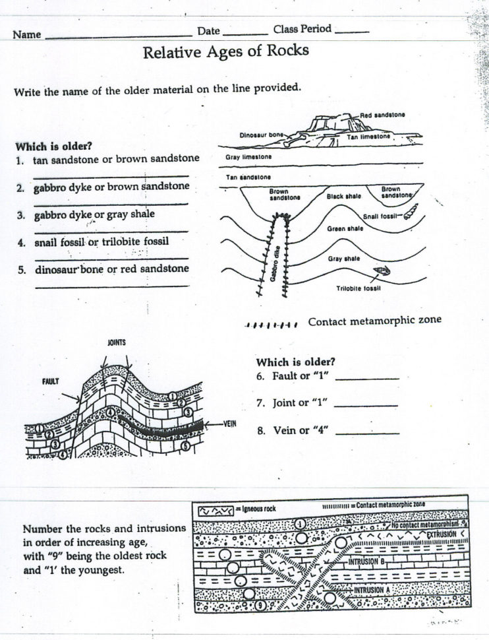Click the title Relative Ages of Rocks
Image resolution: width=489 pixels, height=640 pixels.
[x=225, y=51]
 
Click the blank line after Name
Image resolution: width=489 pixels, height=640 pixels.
[x=117, y=36]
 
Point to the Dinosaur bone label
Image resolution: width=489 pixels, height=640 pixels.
[x=262, y=135]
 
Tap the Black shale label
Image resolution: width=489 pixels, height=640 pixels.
[x=343, y=196]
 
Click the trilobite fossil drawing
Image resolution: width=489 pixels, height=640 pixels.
[x=382, y=271]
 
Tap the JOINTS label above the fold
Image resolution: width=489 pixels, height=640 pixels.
[x=116, y=342]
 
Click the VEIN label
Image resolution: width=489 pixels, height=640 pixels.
[x=230, y=424]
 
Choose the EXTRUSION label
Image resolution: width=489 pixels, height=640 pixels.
[x=441, y=534]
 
